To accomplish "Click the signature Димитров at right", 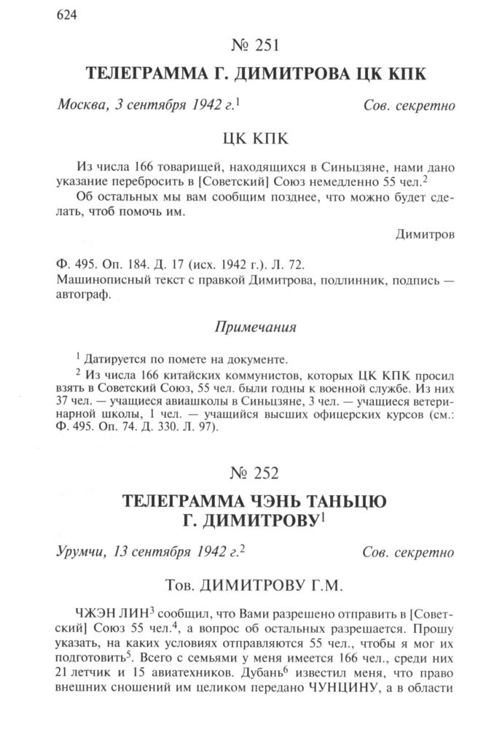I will [426, 234].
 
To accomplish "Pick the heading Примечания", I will [255, 327].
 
